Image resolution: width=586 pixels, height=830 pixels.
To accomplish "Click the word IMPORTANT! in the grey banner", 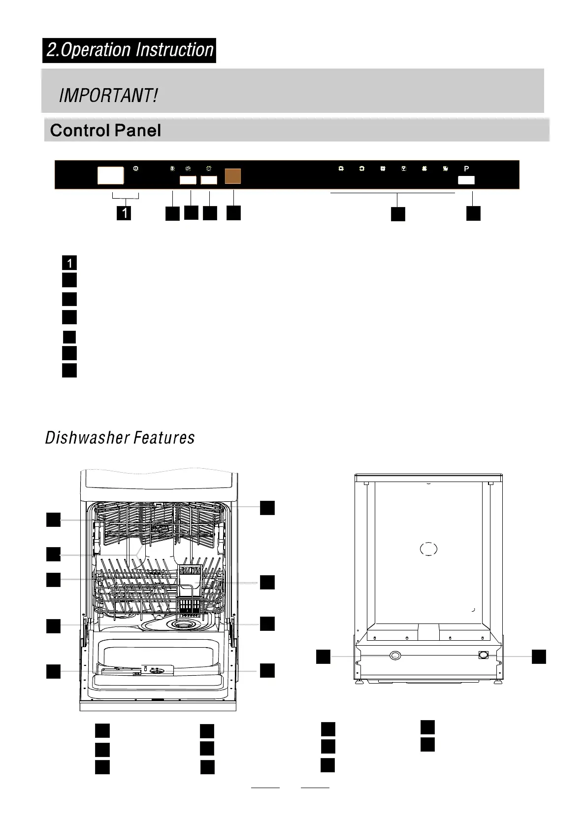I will (108, 95).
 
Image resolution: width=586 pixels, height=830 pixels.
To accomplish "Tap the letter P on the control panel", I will (466, 169).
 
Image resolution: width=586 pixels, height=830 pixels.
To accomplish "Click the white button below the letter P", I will (466, 181).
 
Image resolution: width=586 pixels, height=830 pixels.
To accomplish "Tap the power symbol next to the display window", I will (136, 169).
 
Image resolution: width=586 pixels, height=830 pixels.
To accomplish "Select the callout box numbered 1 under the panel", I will (126, 213).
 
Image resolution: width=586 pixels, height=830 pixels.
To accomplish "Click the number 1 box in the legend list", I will (69, 263).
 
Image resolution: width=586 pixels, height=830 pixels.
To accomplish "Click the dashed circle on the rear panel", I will (428, 549).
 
